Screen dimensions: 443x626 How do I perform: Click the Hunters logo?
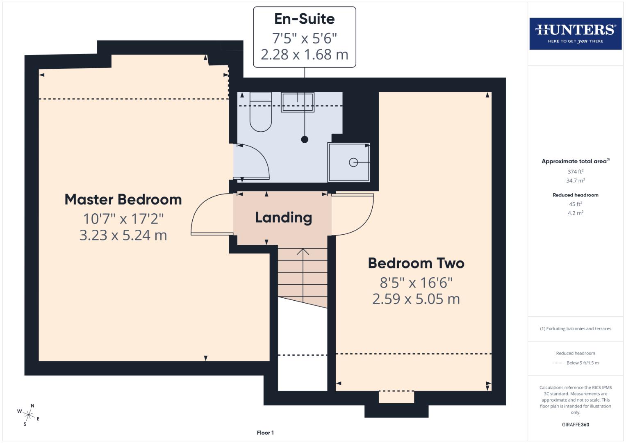(x=575, y=33)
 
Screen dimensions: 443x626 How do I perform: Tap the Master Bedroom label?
(x=123, y=200)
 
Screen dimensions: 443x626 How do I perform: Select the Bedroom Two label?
(x=416, y=263)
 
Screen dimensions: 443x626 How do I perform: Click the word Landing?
(x=283, y=217)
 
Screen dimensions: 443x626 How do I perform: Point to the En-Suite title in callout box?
(x=304, y=19)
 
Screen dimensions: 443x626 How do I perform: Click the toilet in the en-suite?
(x=261, y=115)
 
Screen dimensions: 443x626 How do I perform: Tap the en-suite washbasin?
(x=298, y=102)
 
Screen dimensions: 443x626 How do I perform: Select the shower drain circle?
(x=353, y=162)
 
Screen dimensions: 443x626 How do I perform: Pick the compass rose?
(x=29, y=415)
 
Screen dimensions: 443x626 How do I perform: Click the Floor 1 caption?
(x=265, y=433)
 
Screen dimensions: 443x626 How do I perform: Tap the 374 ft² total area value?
(x=575, y=171)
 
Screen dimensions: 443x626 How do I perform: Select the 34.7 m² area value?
(x=575, y=180)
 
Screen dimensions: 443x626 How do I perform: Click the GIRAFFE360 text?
(x=575, y=425)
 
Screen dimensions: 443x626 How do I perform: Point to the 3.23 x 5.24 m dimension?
(x=123, y=235)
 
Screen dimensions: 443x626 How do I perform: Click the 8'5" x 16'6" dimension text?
(x=416, y=283)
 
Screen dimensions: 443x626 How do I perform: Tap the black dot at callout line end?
(x=305, y=139)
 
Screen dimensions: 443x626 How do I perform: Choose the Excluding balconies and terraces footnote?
(x=575, y=329)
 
